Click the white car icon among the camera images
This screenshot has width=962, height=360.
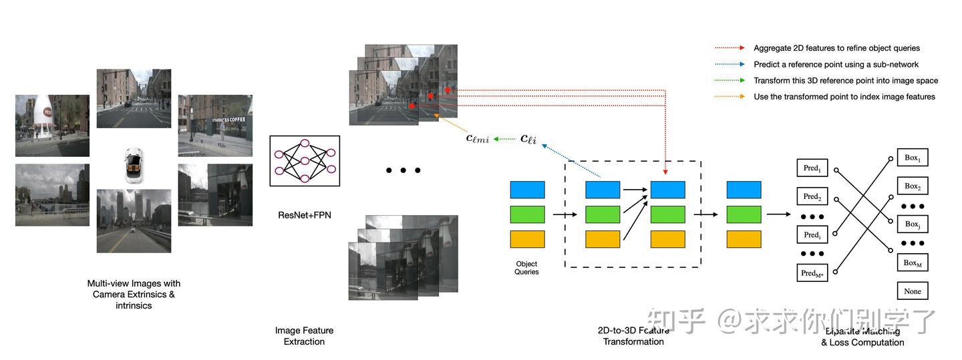133,166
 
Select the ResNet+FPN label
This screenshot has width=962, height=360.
304,215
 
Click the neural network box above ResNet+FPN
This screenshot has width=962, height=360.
305,160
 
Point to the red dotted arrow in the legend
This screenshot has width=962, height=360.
730,48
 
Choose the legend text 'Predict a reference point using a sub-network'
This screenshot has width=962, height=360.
836,64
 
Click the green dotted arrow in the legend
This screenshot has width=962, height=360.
730,80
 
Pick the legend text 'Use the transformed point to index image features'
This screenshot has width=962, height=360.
844,96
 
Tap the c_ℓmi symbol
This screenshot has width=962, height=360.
477,139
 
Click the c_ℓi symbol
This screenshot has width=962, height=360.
528,139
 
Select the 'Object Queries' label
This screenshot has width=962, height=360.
526,268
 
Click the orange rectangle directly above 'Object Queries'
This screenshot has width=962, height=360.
527,239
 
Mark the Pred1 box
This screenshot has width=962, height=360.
812,168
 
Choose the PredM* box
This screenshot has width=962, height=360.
812,273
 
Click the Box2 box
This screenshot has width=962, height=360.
913,186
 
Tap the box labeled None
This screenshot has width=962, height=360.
913,291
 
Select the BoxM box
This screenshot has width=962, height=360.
913,262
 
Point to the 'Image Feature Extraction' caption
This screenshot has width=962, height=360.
304,336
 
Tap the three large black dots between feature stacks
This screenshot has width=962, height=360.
404,170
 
